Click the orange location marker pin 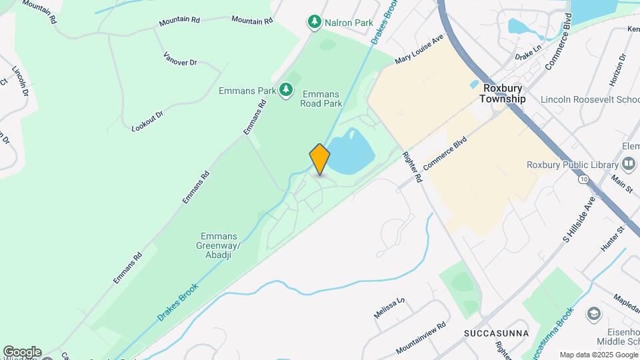pos(320,159)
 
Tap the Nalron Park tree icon pos(314,23)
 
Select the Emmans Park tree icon pos(286,89)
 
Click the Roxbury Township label pos(503,93)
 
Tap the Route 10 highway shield pos(583,180)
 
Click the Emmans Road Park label pos(321,99)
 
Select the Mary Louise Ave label pos(419,49)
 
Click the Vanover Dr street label pos(180,58)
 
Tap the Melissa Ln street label pos(389,308)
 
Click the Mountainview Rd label pos(420,339)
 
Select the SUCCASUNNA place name pos(497,333)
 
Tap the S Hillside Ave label pos(578,219)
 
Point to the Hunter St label pos(611,238)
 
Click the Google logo pos(21,352)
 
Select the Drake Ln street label pos(528,51)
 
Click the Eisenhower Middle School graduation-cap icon pos(593,313)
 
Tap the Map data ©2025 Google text pos(598,355)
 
